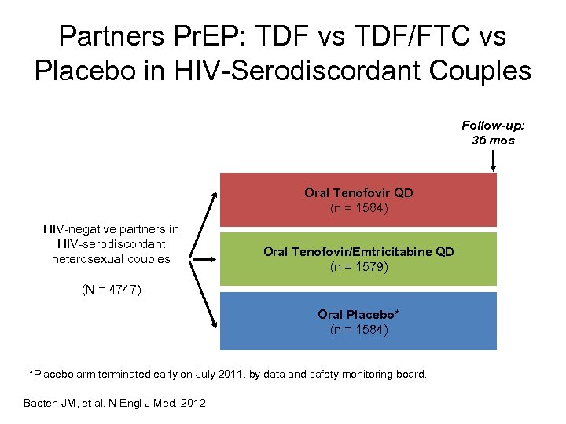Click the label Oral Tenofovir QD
coord(358,192)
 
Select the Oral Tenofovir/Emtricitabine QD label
coord(358,252)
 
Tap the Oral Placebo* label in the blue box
coord(358,314)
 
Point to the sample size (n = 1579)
coord(358,267)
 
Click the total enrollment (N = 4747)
coord(112,289)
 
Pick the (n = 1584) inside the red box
coord(358,208)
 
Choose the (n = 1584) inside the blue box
coord(358,330)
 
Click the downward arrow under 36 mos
coord(493,160)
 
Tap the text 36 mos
coord(493,140)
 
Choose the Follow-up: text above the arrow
coord(493,126)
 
